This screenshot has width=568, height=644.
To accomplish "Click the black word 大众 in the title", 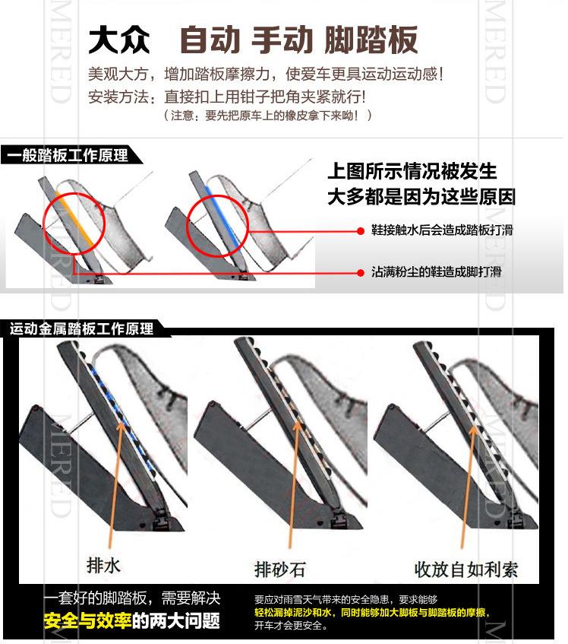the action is [119, 40].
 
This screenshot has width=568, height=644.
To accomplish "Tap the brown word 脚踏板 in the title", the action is [371, 40].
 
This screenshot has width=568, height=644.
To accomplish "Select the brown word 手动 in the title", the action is [282, 40].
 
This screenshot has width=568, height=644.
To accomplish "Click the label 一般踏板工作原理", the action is [68, 155].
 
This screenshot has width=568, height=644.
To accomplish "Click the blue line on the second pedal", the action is [222, 216].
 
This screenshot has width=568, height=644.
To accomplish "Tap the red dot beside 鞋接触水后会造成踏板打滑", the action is [361, 231].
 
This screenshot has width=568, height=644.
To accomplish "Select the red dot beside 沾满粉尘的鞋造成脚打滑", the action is [361, 273].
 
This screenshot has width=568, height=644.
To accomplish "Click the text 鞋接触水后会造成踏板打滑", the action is [442, 230].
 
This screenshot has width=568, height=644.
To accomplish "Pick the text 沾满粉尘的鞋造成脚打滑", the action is [436, 271].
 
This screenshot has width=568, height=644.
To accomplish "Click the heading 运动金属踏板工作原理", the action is [81, 328].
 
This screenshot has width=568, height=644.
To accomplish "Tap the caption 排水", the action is [103, 566].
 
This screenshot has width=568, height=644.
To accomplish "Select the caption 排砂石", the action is [279, 569].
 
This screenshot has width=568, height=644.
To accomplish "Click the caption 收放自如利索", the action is [466, 569].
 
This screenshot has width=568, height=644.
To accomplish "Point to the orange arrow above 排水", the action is [115, 484].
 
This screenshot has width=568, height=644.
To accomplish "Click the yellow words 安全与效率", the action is [88, 620].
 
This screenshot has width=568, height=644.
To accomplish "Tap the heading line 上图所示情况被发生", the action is [412, 171].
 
